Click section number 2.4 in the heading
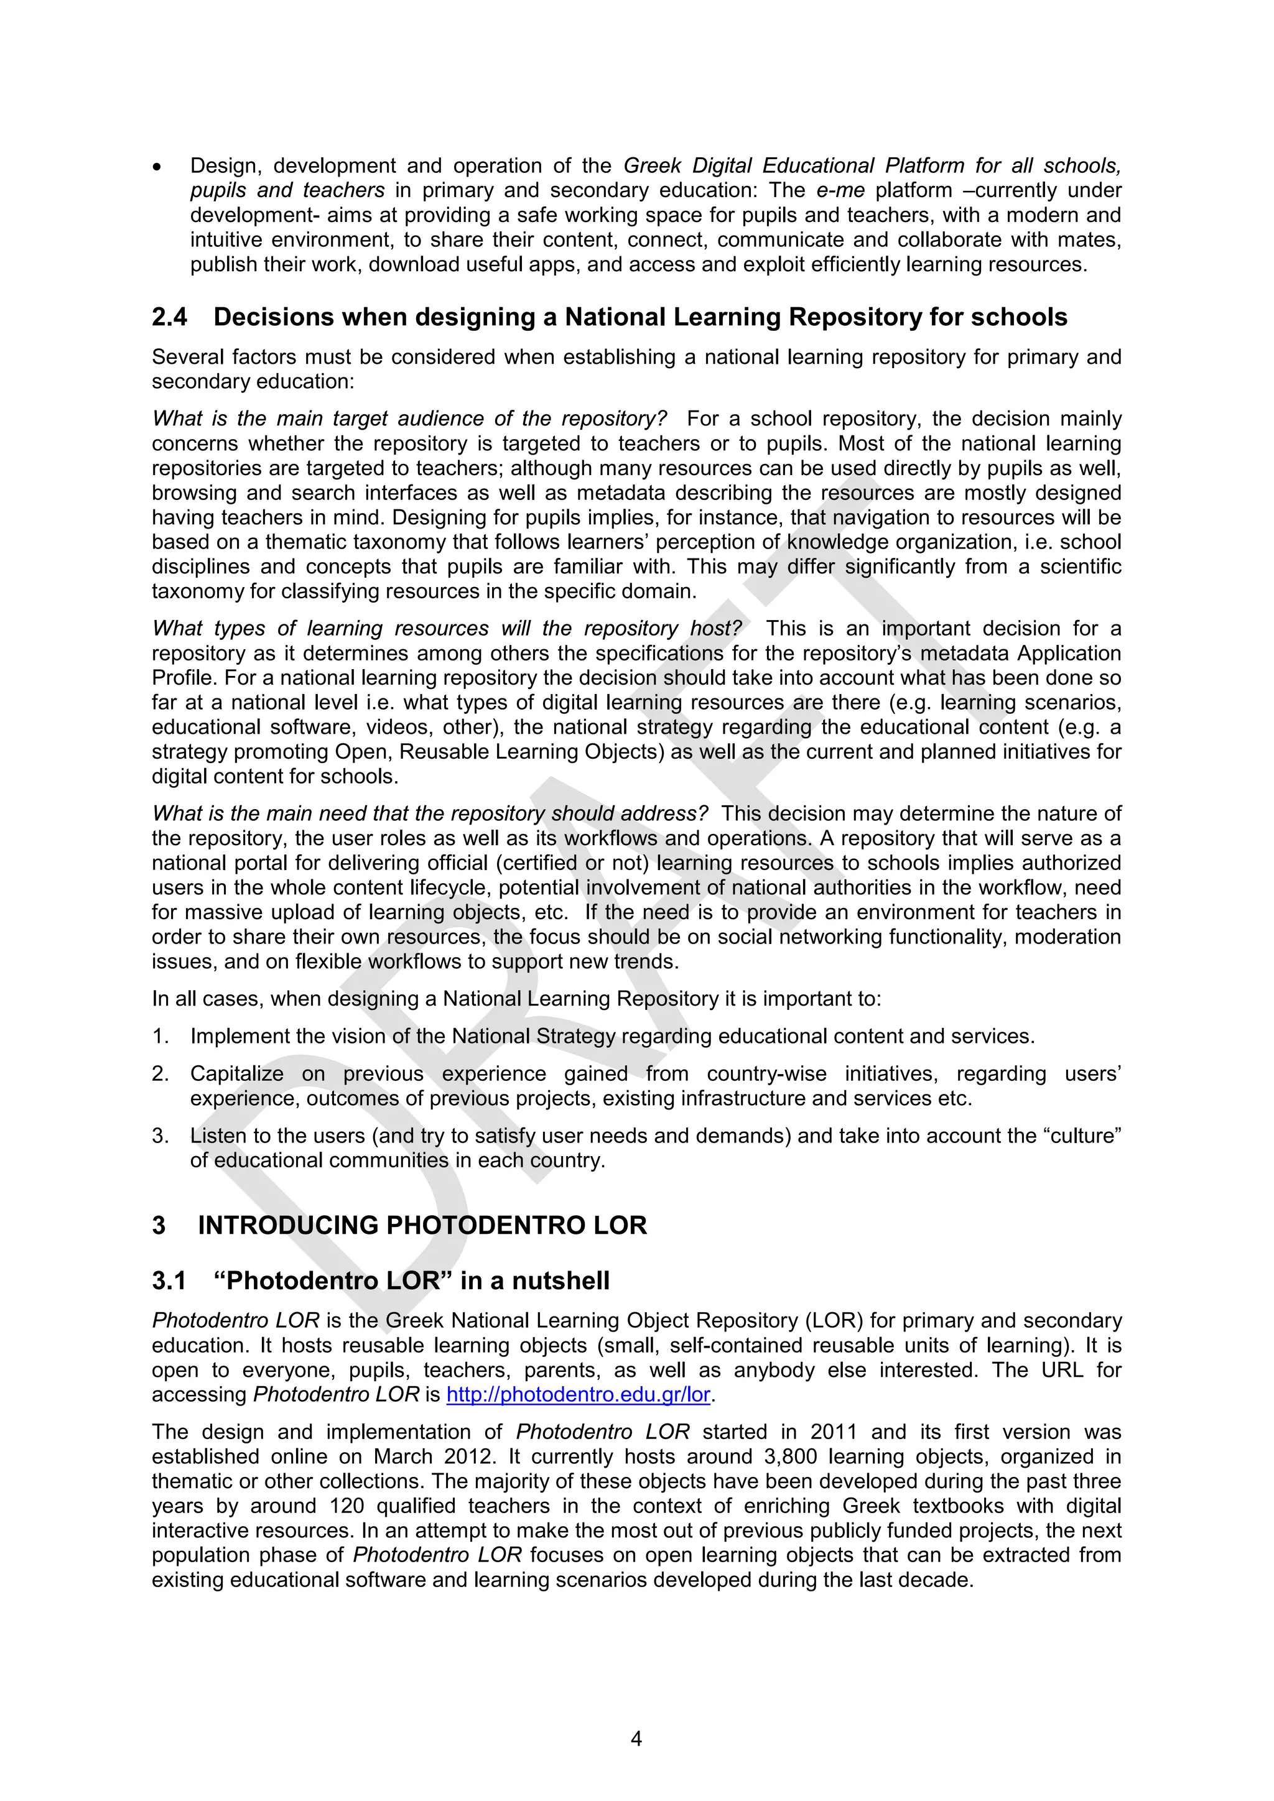click(x=169, y=317)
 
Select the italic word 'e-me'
click(x=840, y=191)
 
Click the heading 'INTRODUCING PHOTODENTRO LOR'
click(x=422, y=1225)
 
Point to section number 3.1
click(x=169, y=1281)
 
